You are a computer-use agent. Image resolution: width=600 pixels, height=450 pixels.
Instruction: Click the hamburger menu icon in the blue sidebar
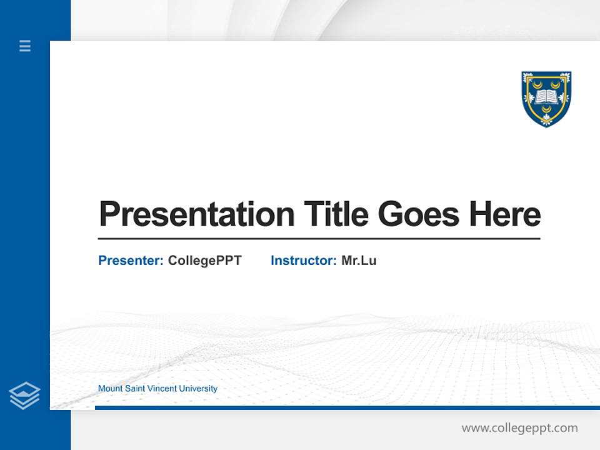[x=25, y=46]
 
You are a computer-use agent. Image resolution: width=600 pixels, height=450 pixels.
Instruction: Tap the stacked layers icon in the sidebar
[x=24, y=396]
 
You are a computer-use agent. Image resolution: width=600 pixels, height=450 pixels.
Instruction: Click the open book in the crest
[x=547, y=96]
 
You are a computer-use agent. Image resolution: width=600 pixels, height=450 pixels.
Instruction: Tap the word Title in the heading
[x=336, y=214]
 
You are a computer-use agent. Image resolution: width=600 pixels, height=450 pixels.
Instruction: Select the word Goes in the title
[x=419, y=214]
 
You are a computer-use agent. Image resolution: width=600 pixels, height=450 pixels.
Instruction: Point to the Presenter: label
[x=131, y=261]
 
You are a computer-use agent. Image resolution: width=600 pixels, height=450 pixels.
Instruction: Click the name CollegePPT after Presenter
[x=204, y=261]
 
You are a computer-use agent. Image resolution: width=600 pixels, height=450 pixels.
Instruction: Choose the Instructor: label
[x=303, y=261]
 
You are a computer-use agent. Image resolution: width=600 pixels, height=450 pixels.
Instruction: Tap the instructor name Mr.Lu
[x=359, y=261]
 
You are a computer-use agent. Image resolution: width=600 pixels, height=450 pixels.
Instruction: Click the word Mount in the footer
[x=109, y=389]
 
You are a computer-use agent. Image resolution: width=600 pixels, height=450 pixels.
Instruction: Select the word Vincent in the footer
[x=162, y=389]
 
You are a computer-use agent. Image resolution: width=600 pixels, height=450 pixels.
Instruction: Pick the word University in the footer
[x=198, y=389]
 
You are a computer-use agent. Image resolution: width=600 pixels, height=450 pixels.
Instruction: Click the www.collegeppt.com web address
[x=519, y=428]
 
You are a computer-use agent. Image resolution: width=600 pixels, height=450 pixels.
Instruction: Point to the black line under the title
[x=319, y=238]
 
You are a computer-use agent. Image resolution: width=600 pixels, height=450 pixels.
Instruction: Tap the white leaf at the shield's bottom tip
[x=547, y=122]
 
